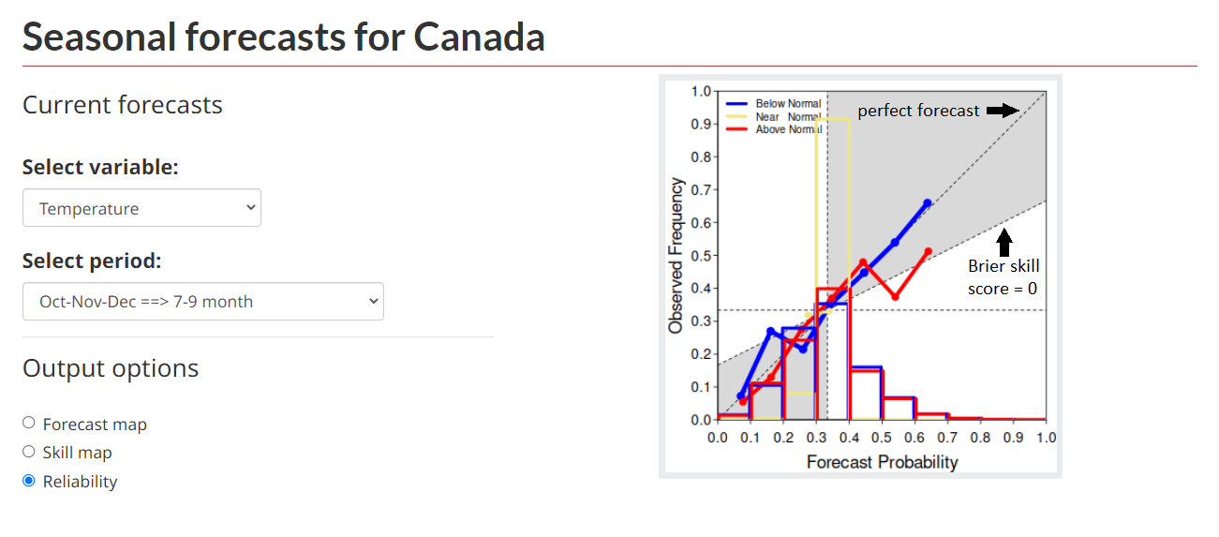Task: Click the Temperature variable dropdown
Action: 141,208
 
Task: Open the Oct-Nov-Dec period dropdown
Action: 203,302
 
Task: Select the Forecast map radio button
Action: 29,423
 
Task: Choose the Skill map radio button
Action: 29,452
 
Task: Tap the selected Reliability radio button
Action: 29,481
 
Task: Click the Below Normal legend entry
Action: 773,103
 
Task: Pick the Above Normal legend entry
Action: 773,129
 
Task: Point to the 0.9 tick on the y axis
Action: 701,124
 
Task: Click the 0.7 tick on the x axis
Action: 947,438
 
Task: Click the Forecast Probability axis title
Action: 882,462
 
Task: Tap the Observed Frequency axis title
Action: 676,255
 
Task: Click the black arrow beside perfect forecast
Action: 1003,111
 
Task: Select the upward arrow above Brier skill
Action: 1004,242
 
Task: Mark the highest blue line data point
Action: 928,203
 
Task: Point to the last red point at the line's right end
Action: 929,252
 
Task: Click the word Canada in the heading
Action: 479,37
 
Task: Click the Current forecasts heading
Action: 123,104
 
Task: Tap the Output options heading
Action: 111,368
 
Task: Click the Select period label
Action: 92,261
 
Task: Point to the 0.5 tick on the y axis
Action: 701,256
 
